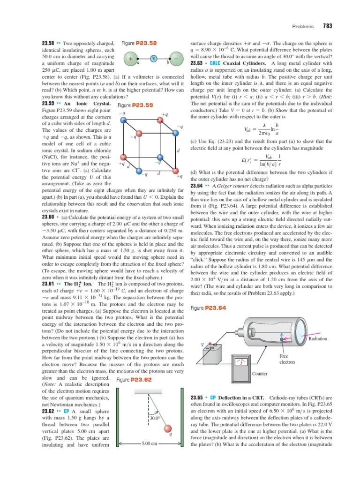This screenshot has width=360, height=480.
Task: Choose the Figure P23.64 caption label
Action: pyautogui.click(x=209, y=295)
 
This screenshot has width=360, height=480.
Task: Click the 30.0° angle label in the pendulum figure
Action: pyautogui.click(x=155, y=418)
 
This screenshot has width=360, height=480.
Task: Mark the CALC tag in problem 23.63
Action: pyautogui.click(x=216, y=63)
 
